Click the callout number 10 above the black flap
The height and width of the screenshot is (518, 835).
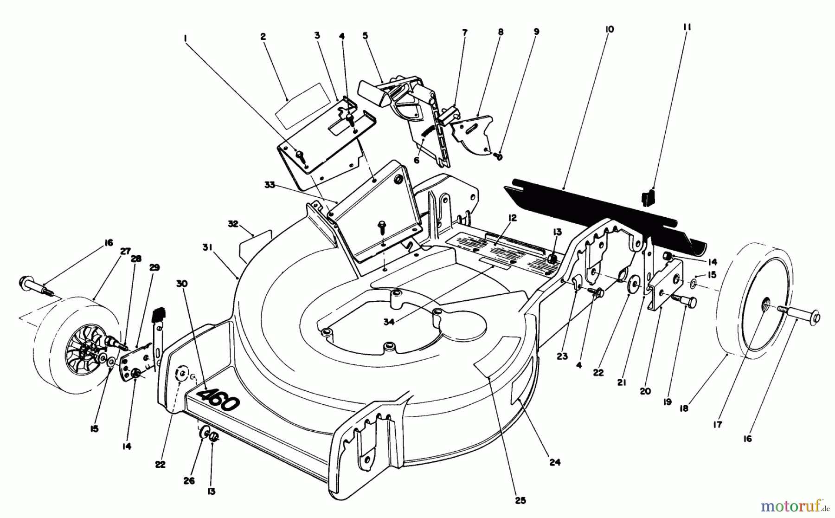pyautogui.click(x=610, y=29)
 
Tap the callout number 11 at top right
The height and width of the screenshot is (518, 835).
pyautogui.click(x=687, y=27)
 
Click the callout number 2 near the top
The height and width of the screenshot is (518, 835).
pyautogui.click(x=263, y=36)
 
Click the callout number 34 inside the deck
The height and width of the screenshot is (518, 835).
pyautogui.click(x=389, y=321)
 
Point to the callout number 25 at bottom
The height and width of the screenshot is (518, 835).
pyautogui.click(x=520, y=500)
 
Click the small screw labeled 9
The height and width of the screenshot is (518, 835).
pyautogui.click(x=499, y=156)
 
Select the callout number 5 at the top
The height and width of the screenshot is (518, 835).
pyautogui.click(x=365, y=35)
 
